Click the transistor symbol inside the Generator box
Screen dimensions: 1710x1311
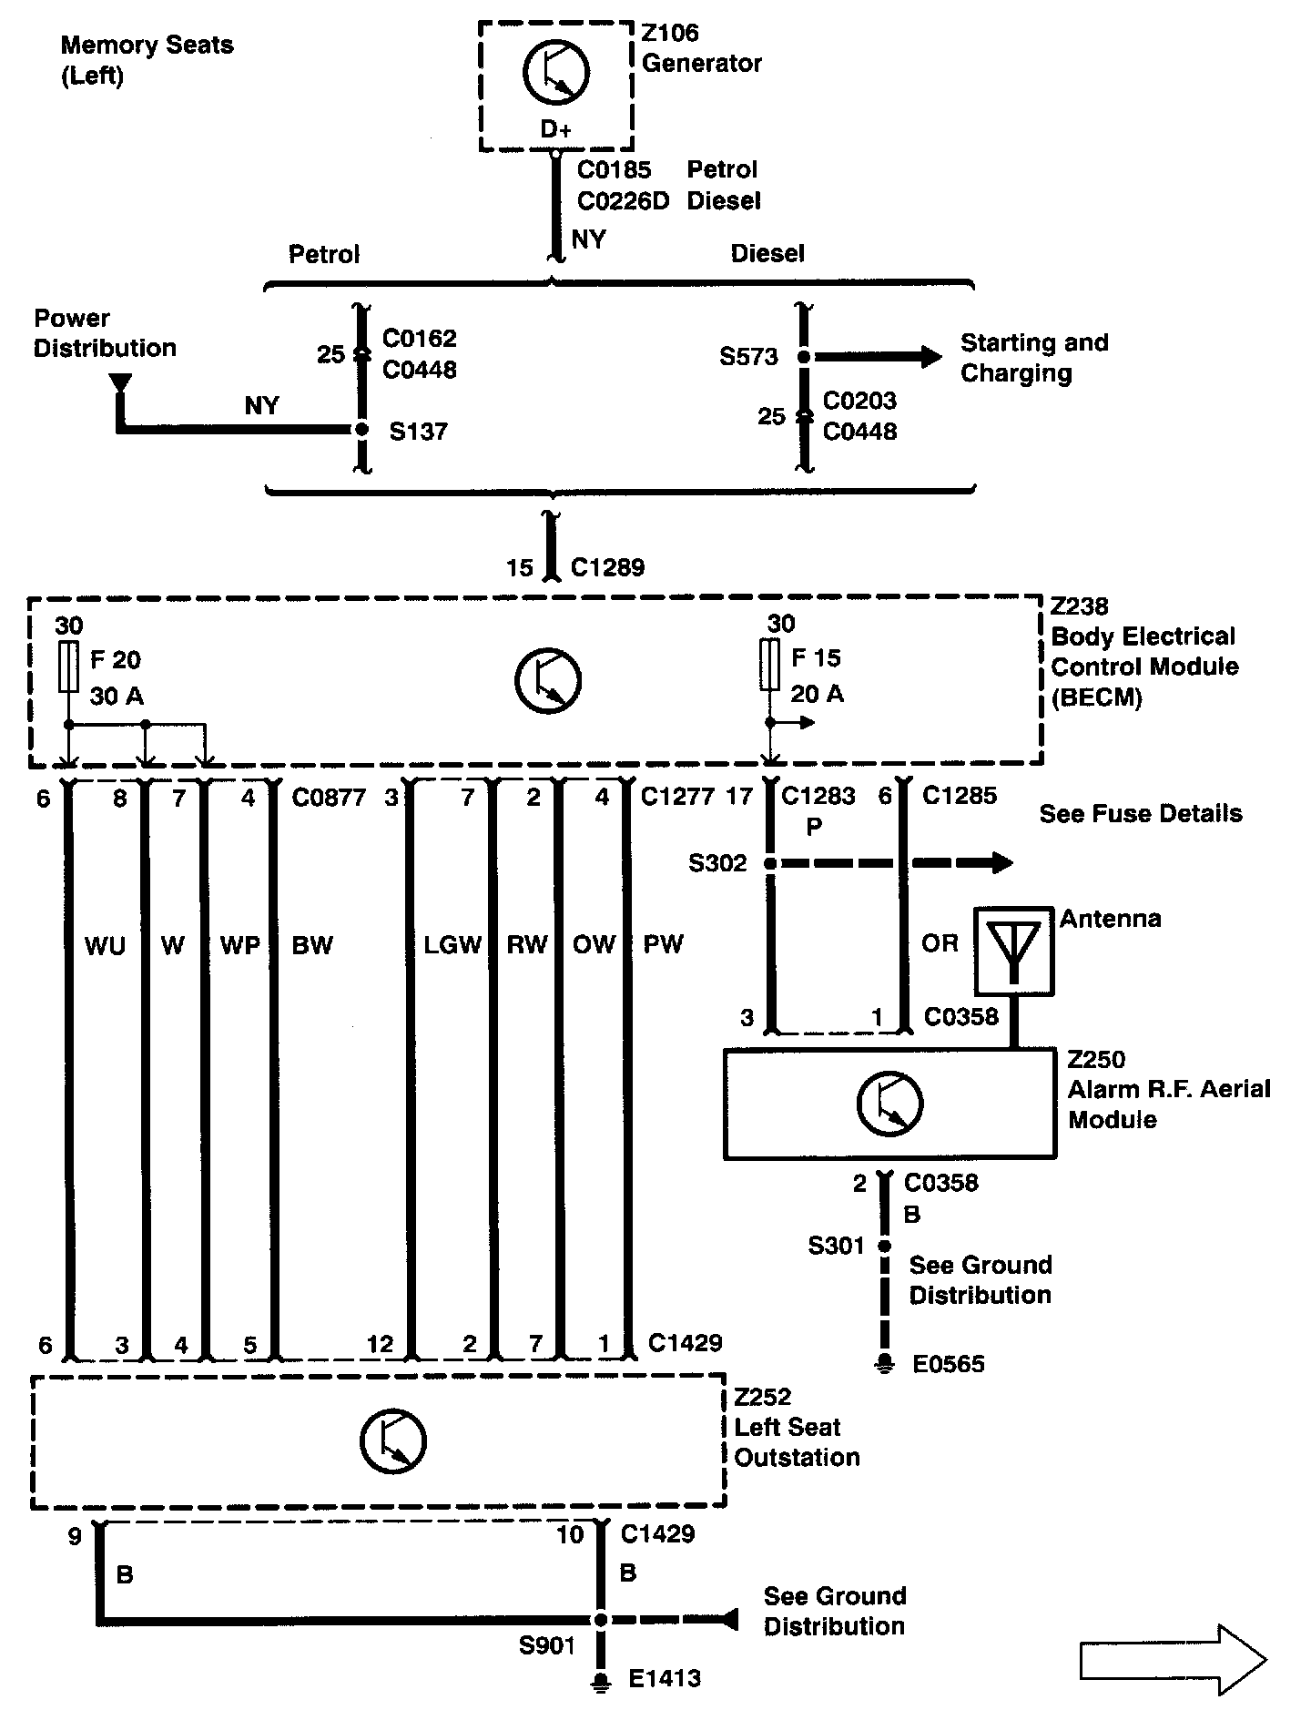(x=555, y=71)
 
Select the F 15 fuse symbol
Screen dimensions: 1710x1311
(x=770, y=665)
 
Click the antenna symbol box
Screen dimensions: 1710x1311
(x=1014, y=951)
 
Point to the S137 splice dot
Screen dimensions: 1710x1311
(x=361, y=429)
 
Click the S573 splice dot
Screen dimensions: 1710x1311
(x=803, y=357)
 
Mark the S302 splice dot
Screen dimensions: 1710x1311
(x=770, y=863)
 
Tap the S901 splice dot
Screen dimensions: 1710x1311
(x=600, y=1620)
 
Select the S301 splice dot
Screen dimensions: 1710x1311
(x=883, y=1246)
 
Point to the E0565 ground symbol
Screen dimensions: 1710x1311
(x=883, y=1365)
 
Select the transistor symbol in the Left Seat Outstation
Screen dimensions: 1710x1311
(x=392, y=1441)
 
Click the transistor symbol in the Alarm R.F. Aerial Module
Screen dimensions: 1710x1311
(x=889, y=1104)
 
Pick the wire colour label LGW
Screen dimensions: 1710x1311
(x=452, y=944)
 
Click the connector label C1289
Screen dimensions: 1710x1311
(x=607, y=567)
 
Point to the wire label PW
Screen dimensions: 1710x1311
(x=663, y=944)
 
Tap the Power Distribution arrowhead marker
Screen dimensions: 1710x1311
(x=118, y=384)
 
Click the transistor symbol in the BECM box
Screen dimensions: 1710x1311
(x=548, y=680)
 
